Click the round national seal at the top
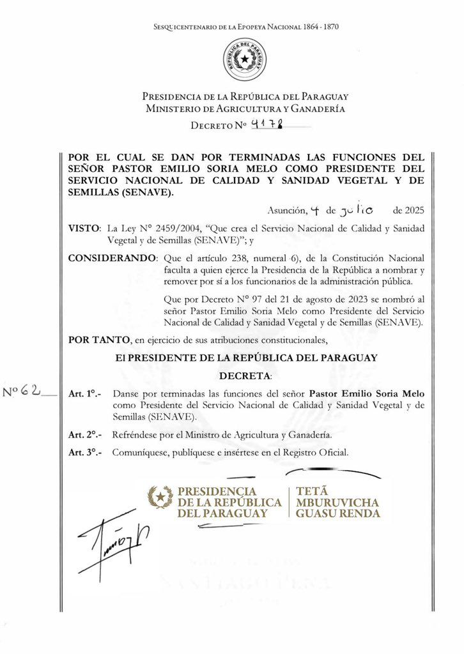tap(245, 60)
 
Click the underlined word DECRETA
tap(245, 374)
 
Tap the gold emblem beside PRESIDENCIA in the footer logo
tap(160, 498)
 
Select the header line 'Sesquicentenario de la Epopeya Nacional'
tap(246, 27)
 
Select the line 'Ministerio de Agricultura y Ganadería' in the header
tap(245, 109)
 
